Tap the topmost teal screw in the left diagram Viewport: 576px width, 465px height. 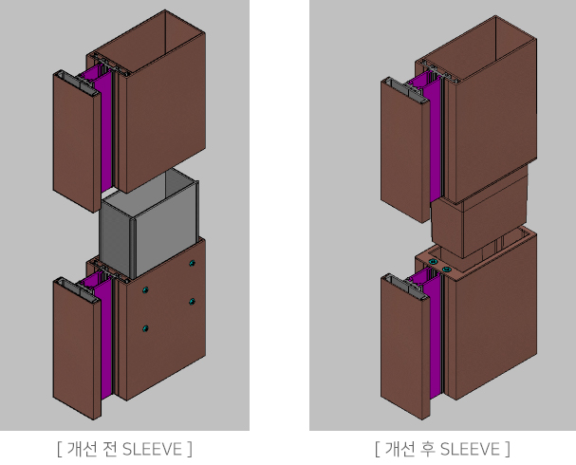click(x=192, y=263)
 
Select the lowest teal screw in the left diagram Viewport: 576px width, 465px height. click(x=145, y=328)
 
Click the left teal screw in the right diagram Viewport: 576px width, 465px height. click(x=434, y=262)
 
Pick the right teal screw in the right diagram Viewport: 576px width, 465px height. click(x=447, y=270)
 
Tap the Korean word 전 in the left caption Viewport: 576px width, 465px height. click(x=108, y=449)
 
